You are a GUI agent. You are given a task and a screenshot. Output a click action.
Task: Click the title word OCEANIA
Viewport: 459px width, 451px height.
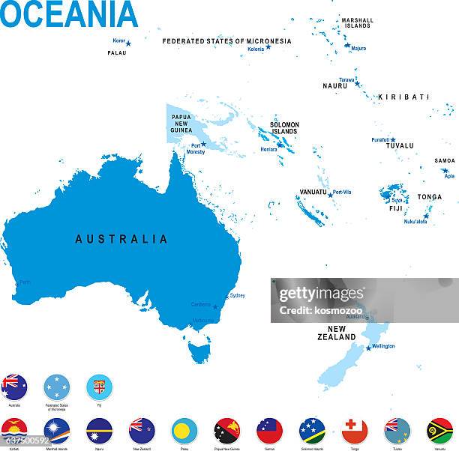click(x=69, y=15)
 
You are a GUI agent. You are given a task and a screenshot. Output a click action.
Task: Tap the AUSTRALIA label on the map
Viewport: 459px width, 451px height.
click(x=121, y=240)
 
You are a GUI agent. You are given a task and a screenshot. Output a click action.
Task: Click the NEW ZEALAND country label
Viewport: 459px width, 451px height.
click(x=336, y=333)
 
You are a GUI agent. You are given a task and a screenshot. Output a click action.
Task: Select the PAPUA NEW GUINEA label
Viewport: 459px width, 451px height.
click(x=181, y=124)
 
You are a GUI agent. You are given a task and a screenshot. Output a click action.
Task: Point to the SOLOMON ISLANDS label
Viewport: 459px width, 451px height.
click(x=284, y=128)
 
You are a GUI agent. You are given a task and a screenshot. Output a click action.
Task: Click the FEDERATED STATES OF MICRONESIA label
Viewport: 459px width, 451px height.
click(x=226, y=41)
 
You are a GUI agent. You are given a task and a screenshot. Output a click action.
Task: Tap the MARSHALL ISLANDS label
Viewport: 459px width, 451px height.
click(x=357, y=22)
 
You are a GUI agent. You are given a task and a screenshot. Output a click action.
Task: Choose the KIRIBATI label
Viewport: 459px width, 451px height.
click(x=403, y=97)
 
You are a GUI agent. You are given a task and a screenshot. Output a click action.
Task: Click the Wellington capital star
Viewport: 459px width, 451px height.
click(x=368, y=348)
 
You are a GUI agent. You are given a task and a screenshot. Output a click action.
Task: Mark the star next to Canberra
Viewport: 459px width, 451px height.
click(x=215, y=306)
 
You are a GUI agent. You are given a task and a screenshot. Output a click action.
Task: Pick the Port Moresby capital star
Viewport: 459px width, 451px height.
click(x=203, y=144)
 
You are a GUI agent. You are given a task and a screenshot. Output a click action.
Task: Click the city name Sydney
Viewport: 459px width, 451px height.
click(x=237, y=295)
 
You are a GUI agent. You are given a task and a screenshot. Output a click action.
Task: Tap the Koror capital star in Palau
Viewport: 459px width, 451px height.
click(x=128, y=43)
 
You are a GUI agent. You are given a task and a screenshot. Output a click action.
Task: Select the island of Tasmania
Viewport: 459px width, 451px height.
click(x=199, y=350)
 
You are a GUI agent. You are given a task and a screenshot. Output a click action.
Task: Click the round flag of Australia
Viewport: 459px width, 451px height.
click(x=14, y=387)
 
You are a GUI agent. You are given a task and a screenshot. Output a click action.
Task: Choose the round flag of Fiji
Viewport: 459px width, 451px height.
click(x=99, y=387)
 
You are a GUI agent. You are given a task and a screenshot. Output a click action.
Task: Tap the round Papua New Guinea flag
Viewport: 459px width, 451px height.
click(x=227, y=431)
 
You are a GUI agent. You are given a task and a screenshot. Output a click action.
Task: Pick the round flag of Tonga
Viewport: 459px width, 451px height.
click(x=355, y=431)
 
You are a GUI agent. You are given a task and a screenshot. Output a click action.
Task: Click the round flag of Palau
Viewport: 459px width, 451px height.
click(x=184, y=431)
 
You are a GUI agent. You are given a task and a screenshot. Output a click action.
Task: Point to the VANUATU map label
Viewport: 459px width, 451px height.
click(x=313, y=192)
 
